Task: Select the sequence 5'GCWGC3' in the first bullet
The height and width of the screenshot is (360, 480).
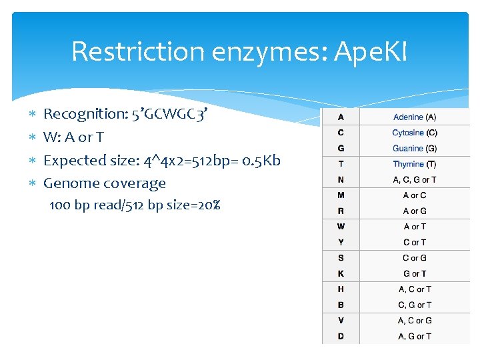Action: (169, 114)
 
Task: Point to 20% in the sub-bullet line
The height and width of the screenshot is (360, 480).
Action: (207, 205)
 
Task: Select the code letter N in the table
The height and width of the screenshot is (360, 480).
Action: (341, 179)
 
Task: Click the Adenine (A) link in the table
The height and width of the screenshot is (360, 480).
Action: (415, 117)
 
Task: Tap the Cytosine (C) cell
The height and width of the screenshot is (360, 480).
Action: (415, 133)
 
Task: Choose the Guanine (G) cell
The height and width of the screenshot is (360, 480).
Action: (415, 149)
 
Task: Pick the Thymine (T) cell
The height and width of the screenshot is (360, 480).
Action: (415, 164)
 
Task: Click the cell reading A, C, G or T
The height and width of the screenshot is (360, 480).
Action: (415, 179)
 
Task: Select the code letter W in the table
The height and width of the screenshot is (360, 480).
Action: (341, 227)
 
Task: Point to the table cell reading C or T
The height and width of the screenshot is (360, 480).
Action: (415, 243)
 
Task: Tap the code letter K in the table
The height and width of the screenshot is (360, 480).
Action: (341, 274)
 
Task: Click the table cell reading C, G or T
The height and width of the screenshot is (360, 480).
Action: (415, 305)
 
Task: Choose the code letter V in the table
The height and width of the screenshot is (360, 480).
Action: (341, 321)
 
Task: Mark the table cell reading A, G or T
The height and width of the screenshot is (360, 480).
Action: (415, 337)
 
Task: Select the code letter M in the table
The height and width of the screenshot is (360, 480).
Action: (341, 195)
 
